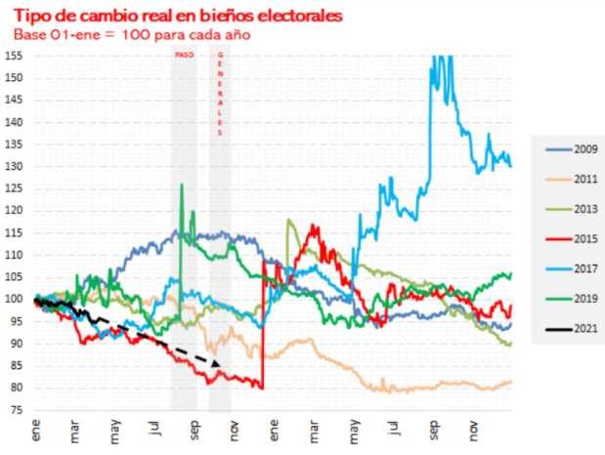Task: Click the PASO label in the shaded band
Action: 183,57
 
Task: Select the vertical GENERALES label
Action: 220,93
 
